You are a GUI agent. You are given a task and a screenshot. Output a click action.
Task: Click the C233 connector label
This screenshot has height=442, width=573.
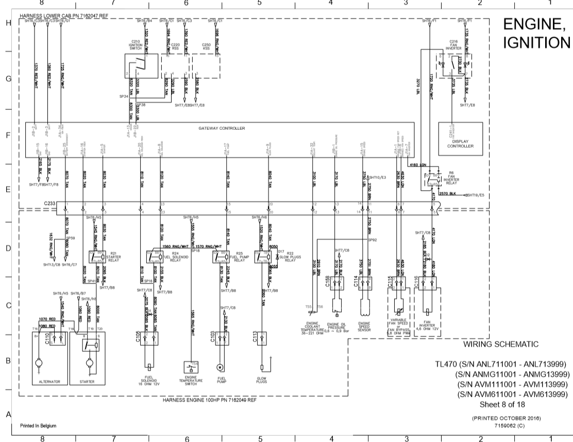click(49, 204)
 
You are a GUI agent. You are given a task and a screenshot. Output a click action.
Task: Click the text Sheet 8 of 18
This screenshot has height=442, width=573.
click(502, 404)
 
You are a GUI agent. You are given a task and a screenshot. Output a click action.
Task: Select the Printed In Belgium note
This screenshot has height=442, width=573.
click(38, 426)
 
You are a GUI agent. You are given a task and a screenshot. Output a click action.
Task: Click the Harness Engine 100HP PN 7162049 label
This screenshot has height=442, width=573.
click(209, 400)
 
